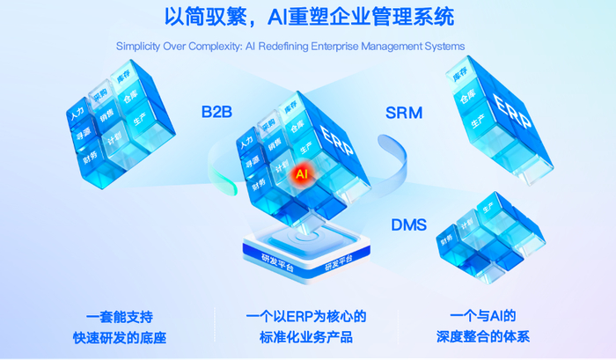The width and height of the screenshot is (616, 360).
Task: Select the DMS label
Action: pyautogui.click(x=408, y=225)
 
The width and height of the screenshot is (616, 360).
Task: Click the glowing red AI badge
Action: pyautogui.click(x=302, y=174)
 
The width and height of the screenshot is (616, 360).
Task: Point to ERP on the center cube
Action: pyautogui.click(x=337, y=141)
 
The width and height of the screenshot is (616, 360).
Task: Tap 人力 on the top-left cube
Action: pyautogui.click(x=75, y=114)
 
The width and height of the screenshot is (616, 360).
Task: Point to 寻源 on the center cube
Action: pyautogui.click(x=255, y=162)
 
